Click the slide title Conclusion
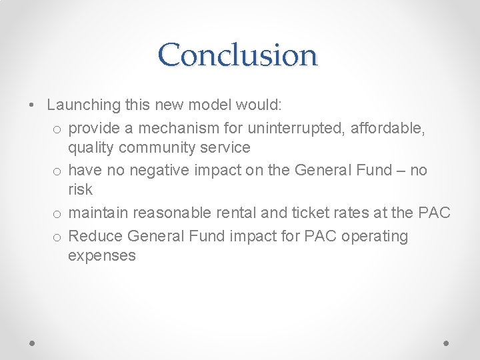pos(239,55)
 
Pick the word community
pos(160,147)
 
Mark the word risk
pos(80,190)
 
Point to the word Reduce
pos(95,236)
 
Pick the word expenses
pos(101,256)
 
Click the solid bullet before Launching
pos(32,105)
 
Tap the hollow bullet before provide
pos(57,127)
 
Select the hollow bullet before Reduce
pos(57,237)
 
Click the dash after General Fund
pos(399,171)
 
